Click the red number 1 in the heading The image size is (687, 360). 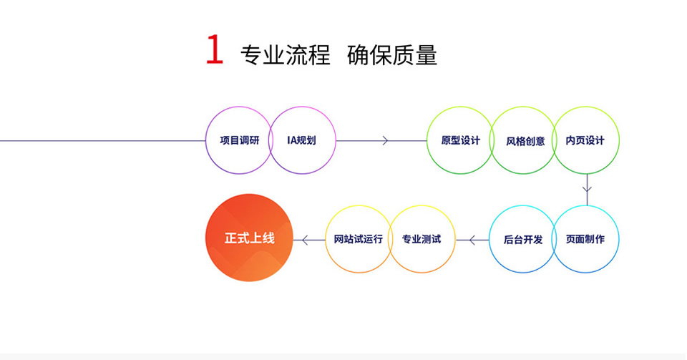click(x=214, y=50)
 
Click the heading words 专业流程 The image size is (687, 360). click(x=286, y=55)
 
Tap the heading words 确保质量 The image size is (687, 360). click(x=392, y=55)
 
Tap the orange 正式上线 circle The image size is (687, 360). click(x=249, y=238)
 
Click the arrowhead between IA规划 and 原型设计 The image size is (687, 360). click(x=385, y=140)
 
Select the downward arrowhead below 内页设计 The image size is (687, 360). click(x=587, y=189)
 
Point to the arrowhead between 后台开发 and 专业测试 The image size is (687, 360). click(x=472, y=240)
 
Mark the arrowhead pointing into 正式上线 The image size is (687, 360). click(x=306, y=240)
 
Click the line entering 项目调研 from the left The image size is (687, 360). click(x=103, y=140)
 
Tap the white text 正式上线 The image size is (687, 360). click(x=249, y=238)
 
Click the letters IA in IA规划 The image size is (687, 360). click(x=292, y=140)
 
